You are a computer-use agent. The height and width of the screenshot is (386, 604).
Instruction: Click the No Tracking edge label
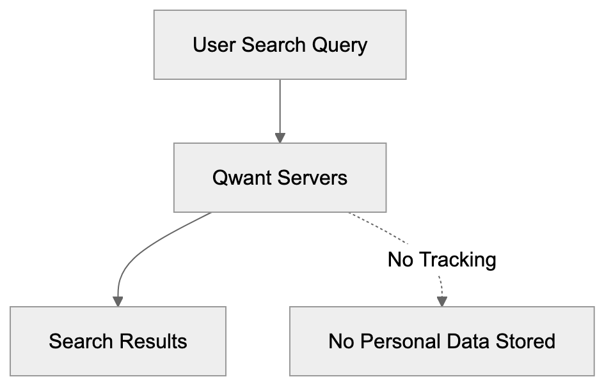(441, 259)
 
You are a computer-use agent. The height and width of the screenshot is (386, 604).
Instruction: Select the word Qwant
(244, 177)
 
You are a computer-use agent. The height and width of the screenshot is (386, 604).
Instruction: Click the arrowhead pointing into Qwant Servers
(280, 137)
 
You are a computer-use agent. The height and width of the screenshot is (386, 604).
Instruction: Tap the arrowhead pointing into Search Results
(118, 300)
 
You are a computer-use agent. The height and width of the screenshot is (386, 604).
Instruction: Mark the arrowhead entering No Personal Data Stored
(441, 300)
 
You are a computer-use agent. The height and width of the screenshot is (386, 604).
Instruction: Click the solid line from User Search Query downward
(280, 105)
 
